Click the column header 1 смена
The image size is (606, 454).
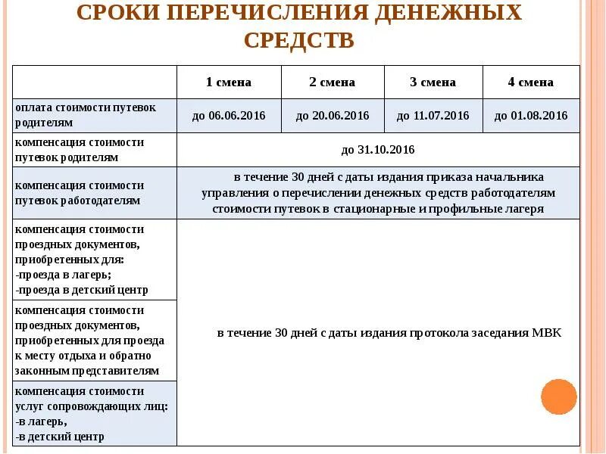[x=228, y=82]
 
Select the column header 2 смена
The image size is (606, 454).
[x=332, y=82]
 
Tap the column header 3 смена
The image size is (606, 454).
[x=433, y=82]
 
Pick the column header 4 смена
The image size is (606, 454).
[x=530, y=82]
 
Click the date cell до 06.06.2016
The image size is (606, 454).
[x=228, y=116]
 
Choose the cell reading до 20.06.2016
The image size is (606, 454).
[x=332, y=116]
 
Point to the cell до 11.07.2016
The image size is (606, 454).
[x=433, y=116]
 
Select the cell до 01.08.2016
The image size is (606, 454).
[x=530, y=116]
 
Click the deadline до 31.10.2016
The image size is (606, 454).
[x=377, y=150]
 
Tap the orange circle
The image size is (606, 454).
[x=559, y=397]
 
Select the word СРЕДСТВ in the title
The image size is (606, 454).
[x=299, y=39]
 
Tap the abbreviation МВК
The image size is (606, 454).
[x=545, y=333]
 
